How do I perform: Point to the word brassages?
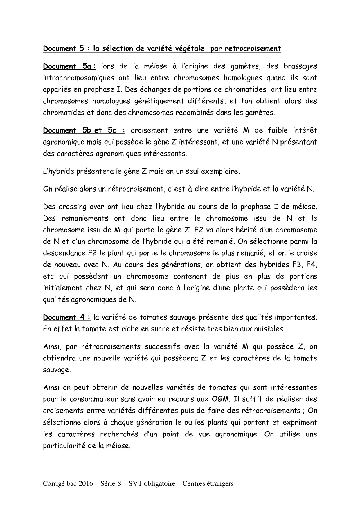299,66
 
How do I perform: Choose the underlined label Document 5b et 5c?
84,131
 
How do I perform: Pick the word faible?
271,131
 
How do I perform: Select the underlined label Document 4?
66,317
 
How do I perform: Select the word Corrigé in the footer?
53,484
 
